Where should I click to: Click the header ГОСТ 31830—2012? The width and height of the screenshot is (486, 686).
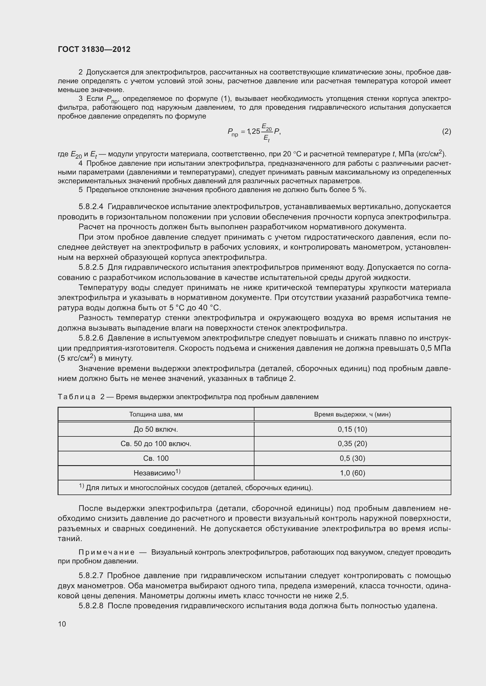tap(94, 49)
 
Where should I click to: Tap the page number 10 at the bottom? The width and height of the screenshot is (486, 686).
tap(62, 624)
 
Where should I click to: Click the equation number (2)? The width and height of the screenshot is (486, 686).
tap(446, 131)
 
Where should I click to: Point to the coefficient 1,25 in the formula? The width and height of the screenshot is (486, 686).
tap(254, 131)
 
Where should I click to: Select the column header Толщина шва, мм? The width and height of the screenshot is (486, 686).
tap(156, 414)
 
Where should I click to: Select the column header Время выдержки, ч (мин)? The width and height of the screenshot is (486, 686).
tap(352, 414)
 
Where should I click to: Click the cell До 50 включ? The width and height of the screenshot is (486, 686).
tap(156, 429)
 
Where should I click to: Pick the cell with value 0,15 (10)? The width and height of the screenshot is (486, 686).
tap(352, 429)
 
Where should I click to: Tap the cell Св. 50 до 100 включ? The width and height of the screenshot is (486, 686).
tap(156, 444)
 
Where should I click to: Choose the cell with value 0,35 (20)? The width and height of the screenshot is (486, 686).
tap(352, 444)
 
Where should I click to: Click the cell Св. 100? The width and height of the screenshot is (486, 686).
tap(156, 458)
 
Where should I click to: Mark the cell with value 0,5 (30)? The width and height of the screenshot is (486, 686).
tap(352, 458)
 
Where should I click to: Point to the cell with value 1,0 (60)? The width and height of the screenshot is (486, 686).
tap(352, 473)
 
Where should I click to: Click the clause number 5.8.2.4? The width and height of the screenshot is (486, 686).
tap(91, 207)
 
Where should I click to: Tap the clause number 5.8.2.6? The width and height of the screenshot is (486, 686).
tap(91, 338)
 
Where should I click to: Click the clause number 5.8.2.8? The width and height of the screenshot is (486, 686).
tap(91, 606)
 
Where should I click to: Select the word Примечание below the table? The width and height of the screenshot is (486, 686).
tap(107, 552)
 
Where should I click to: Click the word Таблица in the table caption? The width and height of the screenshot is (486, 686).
tap(77, 397)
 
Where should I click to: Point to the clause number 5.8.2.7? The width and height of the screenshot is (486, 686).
tap(91, 575)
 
